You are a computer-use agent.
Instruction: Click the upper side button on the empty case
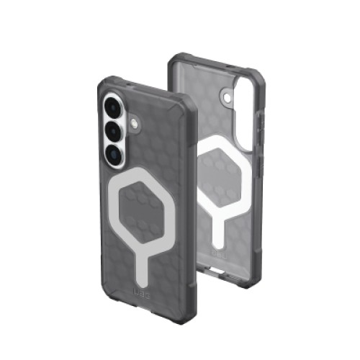tap(257, 122)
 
